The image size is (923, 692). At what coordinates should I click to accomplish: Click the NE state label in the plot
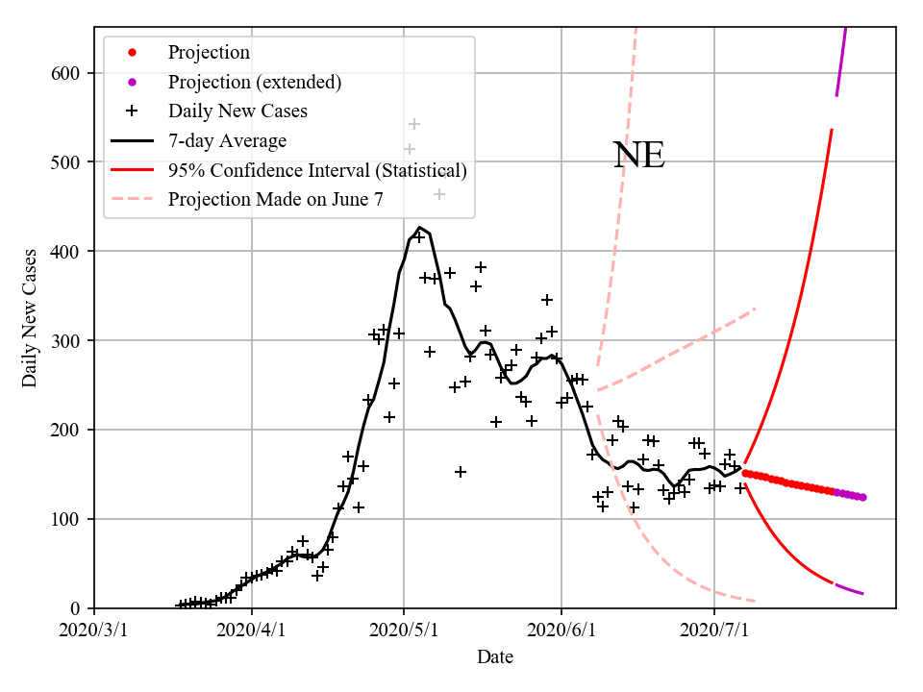point(638,156)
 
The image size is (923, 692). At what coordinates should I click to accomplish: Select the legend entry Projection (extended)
point(254,82)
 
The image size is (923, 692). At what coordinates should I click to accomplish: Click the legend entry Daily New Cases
point(237,111)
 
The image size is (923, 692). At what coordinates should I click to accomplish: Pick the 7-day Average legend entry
point(227,141)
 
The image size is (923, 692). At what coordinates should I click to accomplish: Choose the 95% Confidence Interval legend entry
point(317,171)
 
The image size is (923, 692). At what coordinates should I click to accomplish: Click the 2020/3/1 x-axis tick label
point(94,630)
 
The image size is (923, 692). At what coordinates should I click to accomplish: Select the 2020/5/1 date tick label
point(404,630)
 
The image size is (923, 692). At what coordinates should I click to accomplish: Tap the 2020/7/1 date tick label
point(713,630)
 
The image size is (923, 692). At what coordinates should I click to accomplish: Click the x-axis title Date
point(495,657)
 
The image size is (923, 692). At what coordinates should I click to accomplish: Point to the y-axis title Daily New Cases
point(30,317)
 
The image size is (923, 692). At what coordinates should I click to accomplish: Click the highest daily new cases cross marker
point(414,124)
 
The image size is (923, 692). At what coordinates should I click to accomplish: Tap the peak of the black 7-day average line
point(419,228)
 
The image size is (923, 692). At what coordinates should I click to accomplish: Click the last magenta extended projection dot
point(862,497)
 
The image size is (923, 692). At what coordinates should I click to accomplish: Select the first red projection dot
point(745,473)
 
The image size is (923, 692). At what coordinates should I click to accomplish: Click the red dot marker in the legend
point(132,52)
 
